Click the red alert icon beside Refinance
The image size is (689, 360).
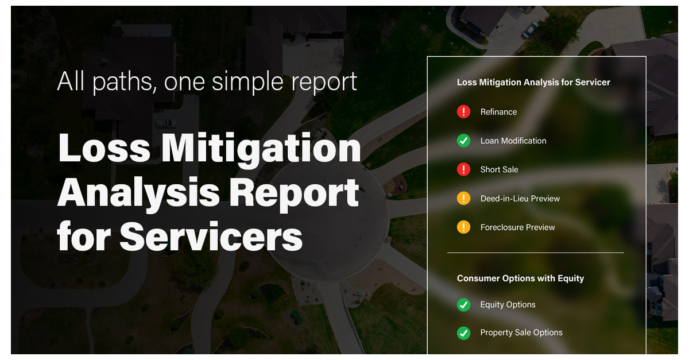(x=463, y=112)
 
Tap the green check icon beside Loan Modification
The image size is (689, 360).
(x=463, y=141)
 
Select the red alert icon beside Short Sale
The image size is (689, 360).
(x=463, y=169)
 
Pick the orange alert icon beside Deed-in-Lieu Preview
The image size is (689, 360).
(x=463, y=199)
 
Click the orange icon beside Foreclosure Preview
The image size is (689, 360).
(x=463, y=227)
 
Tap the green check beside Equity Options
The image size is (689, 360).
(x=463, y=305)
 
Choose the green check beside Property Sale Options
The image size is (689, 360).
(x=463, y=332)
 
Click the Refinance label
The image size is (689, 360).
(x=498, y=112)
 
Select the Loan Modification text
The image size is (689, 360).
(x=513, y=141)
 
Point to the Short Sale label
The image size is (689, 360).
(x=500, y=169)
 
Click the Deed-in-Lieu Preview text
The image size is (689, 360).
(x=520, y=199)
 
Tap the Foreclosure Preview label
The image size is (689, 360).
(x=518, y=227)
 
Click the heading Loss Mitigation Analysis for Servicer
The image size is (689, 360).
(x=533, y=82)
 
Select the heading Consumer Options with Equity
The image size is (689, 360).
(x=520, y=278)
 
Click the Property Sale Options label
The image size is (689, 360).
(x=521, y=332)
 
